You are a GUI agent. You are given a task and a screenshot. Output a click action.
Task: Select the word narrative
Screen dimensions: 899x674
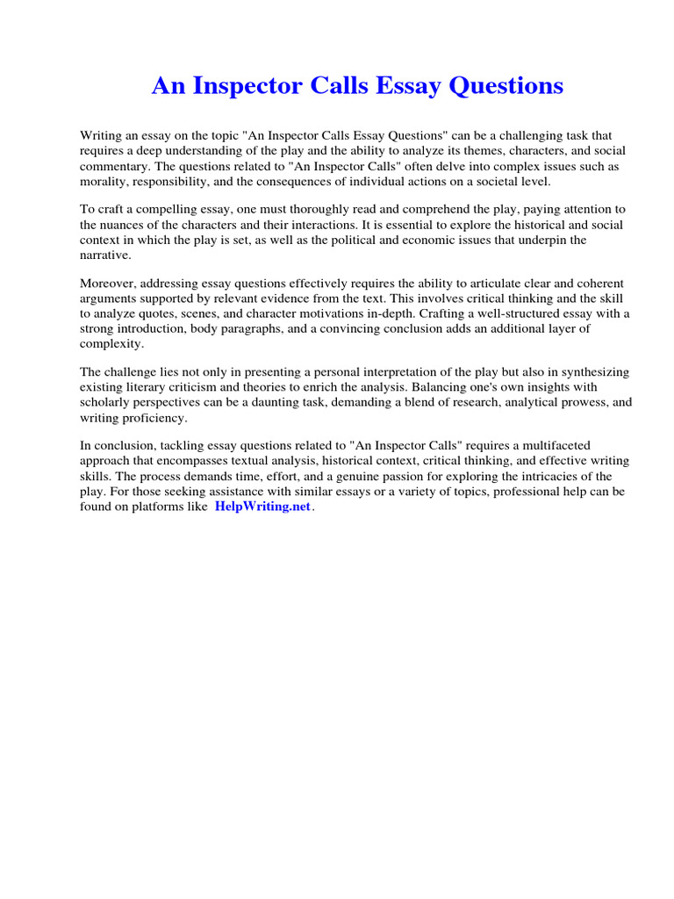[104, 254]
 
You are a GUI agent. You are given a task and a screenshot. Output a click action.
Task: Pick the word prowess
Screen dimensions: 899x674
[555, 403]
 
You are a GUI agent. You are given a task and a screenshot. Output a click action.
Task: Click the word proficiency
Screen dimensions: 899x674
[153, 418]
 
